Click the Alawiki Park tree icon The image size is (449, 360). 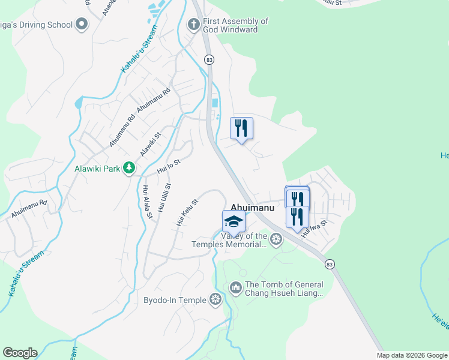pyautogui.click(x=128, y=168)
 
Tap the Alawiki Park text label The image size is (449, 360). pyautogui.click(x=98, y=169)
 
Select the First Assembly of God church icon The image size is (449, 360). pyautogui.click(x=193, y=25)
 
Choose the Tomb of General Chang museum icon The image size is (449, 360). pyautogui.click(x=235, y=289)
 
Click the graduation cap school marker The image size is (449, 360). pyautogui.click(x=234, y=222)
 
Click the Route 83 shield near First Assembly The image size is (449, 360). pyautogui.click(x=209, y=59)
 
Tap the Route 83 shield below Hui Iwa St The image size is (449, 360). pyautogui.click(x=329, y=263)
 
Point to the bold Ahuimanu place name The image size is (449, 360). pyautogui.click(x=253, y=208)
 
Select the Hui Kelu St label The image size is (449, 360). pyautogui.click(x=187, y=212)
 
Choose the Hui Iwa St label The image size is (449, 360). pyautogui.click(x=315, y=229)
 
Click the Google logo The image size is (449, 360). pyautogui.click(x=20, y=353)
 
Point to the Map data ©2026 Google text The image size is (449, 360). pyautogui.click(x=412, y=355)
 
